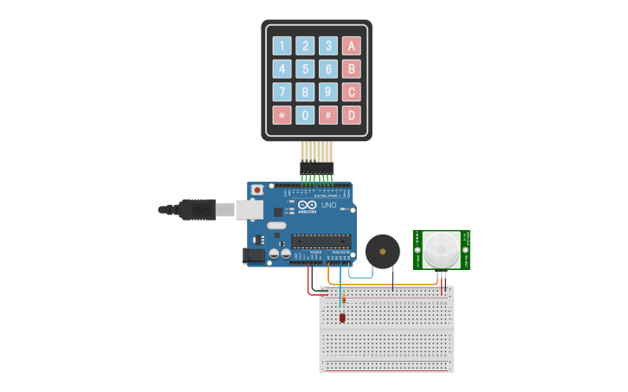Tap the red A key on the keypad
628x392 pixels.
click(x=351, y=46)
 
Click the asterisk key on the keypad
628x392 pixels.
click(x=282, y=114)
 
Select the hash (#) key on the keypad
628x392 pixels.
click(x=327, y=114)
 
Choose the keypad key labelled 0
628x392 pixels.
click(x=305, y=114)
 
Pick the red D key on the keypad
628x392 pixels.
click(x=351, y=114)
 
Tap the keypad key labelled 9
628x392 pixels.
click(x=327, y=92)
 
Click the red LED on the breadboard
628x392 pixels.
click(x=342, y=318)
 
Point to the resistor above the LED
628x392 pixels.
click(x=342, y=300)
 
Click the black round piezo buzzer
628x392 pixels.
click(x=383, y=251)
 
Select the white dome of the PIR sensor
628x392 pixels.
click(x=442, y=250)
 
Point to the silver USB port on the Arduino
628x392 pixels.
click(x=250, y=209)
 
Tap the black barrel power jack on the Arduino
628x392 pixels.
click(x=254, y=255)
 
